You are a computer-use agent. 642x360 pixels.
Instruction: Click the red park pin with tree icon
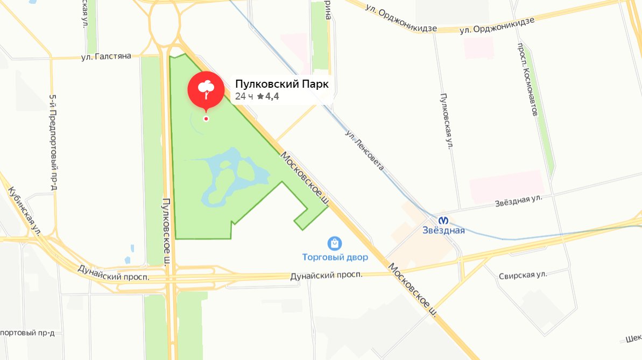point(206,89)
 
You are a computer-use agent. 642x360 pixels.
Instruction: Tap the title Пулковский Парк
point(281,84)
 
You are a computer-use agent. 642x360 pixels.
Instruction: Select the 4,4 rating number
point(272,96)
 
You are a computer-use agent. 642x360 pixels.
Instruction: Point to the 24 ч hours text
point(244,96)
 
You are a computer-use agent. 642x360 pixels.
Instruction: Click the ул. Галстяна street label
point(106,56)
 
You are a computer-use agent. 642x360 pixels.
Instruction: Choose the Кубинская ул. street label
point(25,210)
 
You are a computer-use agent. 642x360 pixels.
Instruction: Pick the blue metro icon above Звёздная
point(443,220)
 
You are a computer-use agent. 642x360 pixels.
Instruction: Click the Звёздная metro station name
point(443,231)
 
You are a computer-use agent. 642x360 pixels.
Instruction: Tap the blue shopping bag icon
point(335,243)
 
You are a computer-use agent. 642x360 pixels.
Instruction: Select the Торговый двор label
point(335,257)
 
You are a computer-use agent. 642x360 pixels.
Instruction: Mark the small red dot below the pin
point(206,118)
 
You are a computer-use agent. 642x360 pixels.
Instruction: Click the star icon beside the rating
point(260,96)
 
